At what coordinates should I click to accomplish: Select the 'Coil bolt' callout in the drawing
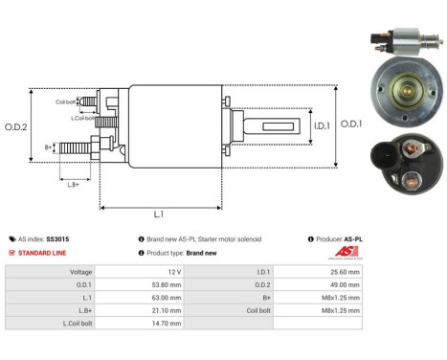pos(65,101)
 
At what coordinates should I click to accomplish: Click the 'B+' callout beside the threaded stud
pos(48,148)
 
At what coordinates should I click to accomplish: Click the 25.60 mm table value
pos(345,271)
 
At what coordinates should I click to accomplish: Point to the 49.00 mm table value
pos(345,284)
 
